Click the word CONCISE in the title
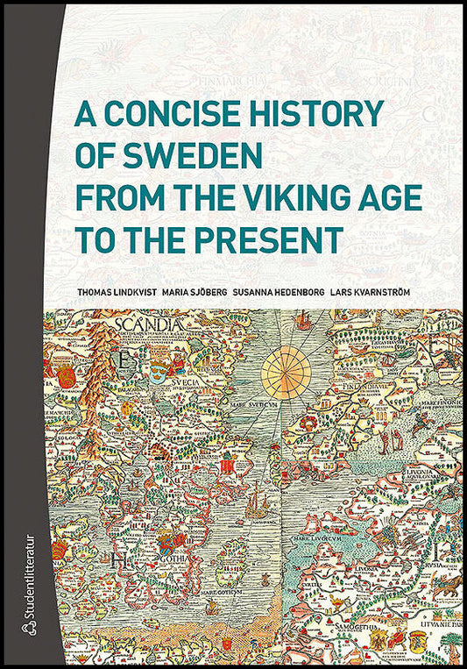point(180,115)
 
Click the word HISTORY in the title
point(322,115)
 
